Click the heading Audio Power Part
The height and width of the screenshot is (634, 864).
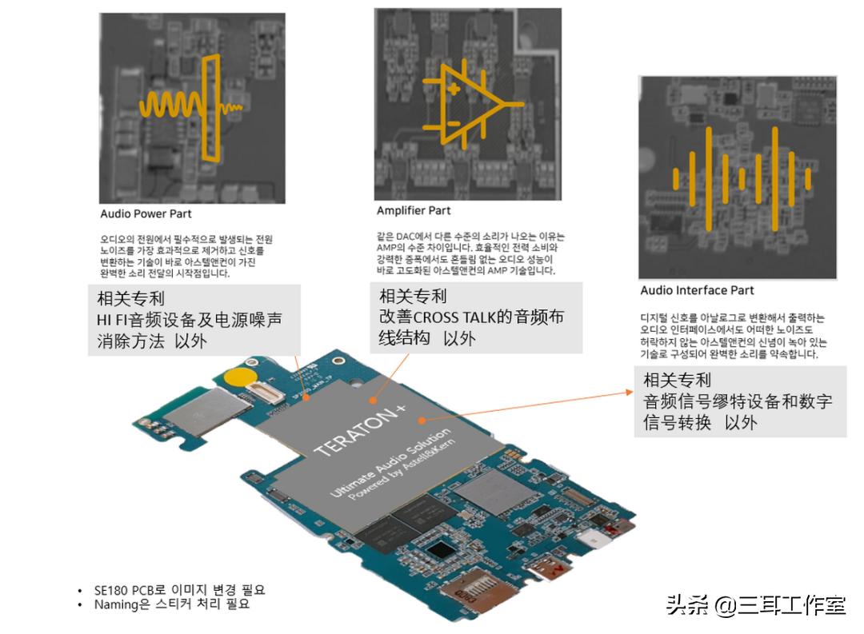[x=146, y=214]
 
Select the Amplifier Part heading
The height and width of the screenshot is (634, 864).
[x=414, y=210]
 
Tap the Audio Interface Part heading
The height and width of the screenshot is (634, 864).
[x=697, y=290]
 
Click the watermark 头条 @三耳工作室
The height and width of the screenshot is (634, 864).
[x=755, y=605]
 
